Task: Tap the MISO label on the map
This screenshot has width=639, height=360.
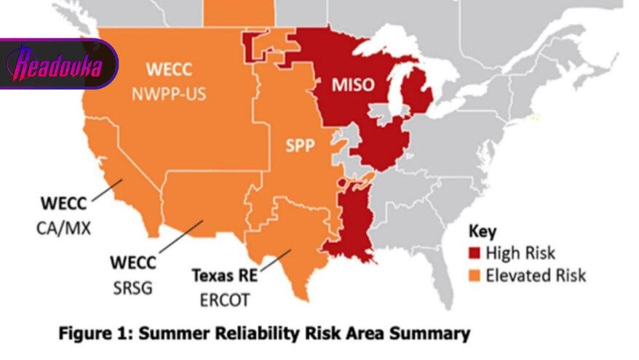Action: coord(353,84)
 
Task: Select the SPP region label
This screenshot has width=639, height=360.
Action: coord(299,146)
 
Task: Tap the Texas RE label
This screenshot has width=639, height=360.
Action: coord(221,276)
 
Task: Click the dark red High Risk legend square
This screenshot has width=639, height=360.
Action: coord(475,254)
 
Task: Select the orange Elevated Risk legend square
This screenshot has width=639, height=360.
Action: coord(475,276)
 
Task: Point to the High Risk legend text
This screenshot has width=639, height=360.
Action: coord(520,254)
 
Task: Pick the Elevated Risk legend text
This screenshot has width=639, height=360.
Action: coord(536,276)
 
